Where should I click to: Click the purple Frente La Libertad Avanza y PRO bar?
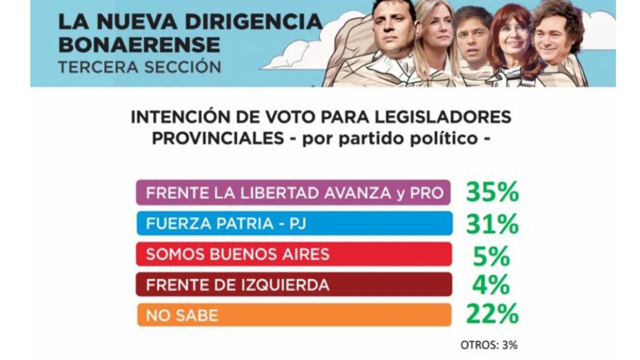pyautogui.click(x=293, y=193)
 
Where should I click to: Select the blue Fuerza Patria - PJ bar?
pyautogui.click(x=294, y=223)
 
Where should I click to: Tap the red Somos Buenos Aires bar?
pyautogui.click(x=294, y=254)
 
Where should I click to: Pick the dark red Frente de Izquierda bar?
pyautogui.click(x=294, y=285)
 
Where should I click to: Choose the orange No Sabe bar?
pyautogui.click(x=294, y=315)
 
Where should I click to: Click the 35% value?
pyautogui.click(x=492, y=192)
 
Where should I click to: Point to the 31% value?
pyautogui.click(x=492, y=223)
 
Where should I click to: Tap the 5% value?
pyautogui.click(x=491, y=256)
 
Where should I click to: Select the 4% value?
pyautogui.click(x=491, y=285)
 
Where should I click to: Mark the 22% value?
pyautogui.click(x=492, y=314)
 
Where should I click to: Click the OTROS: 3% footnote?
pyautogui.click(x=489, y=345)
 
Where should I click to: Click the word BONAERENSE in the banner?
pyautogui.click(x=139, y=45)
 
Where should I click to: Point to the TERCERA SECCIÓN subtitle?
pyautogui.click(x=139, y=67)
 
